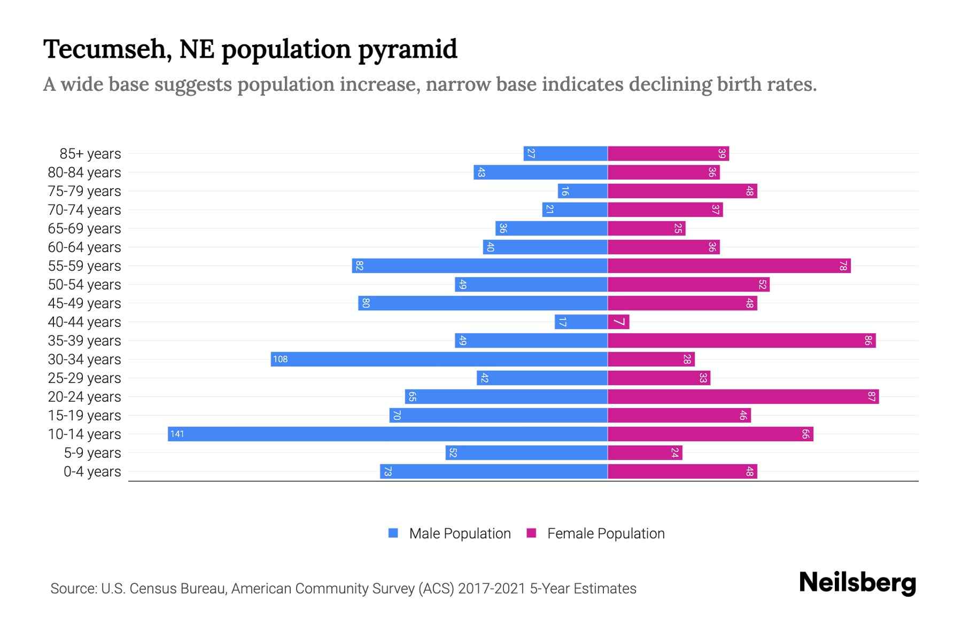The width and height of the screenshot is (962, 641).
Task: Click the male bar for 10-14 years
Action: point(387,434)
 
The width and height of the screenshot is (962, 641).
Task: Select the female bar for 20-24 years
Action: point(743,396)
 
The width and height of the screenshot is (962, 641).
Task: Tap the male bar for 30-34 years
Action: point(439,359)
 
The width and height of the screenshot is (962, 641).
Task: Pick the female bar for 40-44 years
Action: point(618,322)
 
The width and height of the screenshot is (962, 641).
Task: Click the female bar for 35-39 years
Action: point(741,340)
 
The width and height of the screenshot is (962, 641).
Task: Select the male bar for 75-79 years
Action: point(583,191)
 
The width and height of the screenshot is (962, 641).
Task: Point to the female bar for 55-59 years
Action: point(729,265)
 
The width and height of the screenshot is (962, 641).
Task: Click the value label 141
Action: point(177,434)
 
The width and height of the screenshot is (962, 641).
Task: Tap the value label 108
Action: point(280,359)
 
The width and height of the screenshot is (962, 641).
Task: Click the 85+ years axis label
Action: point(90,154)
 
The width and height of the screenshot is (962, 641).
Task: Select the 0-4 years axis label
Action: point(92,472)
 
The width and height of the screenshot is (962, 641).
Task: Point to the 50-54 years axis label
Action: point(84,285)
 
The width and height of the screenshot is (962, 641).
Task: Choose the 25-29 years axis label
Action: point(84,378)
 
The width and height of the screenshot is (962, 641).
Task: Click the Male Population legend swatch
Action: point(393,533)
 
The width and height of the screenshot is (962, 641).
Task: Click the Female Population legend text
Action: point(606,533)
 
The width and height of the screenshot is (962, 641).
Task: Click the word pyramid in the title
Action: point(407,50)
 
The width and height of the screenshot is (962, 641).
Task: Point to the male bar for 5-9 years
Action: point(526,452)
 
